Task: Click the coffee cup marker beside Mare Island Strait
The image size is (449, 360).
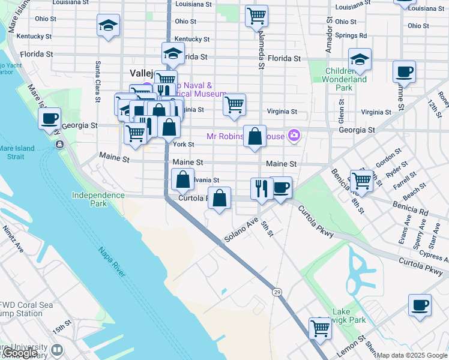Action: click(x=50, y=118)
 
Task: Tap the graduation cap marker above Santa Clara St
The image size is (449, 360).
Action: click(x=108, y=26)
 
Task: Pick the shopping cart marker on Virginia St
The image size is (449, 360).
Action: click(x=234, y=104)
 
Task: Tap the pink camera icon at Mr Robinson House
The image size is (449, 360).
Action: click(x=294, y=136)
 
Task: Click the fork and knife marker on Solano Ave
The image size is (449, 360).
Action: click(x=261, y=188)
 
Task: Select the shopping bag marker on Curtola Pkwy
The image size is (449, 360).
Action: click(x=220, y=199)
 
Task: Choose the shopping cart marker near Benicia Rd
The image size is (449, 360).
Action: click(x=362, y=180)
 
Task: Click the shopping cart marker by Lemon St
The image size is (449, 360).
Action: click(x=321, y=328)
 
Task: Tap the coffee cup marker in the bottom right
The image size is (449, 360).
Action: click(x=420, y=304)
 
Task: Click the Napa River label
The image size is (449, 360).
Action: click(x=111, y=264)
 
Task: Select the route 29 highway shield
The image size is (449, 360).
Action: click(x=277, y=292)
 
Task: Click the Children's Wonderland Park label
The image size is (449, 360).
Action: click(x=346, y=79)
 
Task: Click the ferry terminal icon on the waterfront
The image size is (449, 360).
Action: click(x=59, y=145)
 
